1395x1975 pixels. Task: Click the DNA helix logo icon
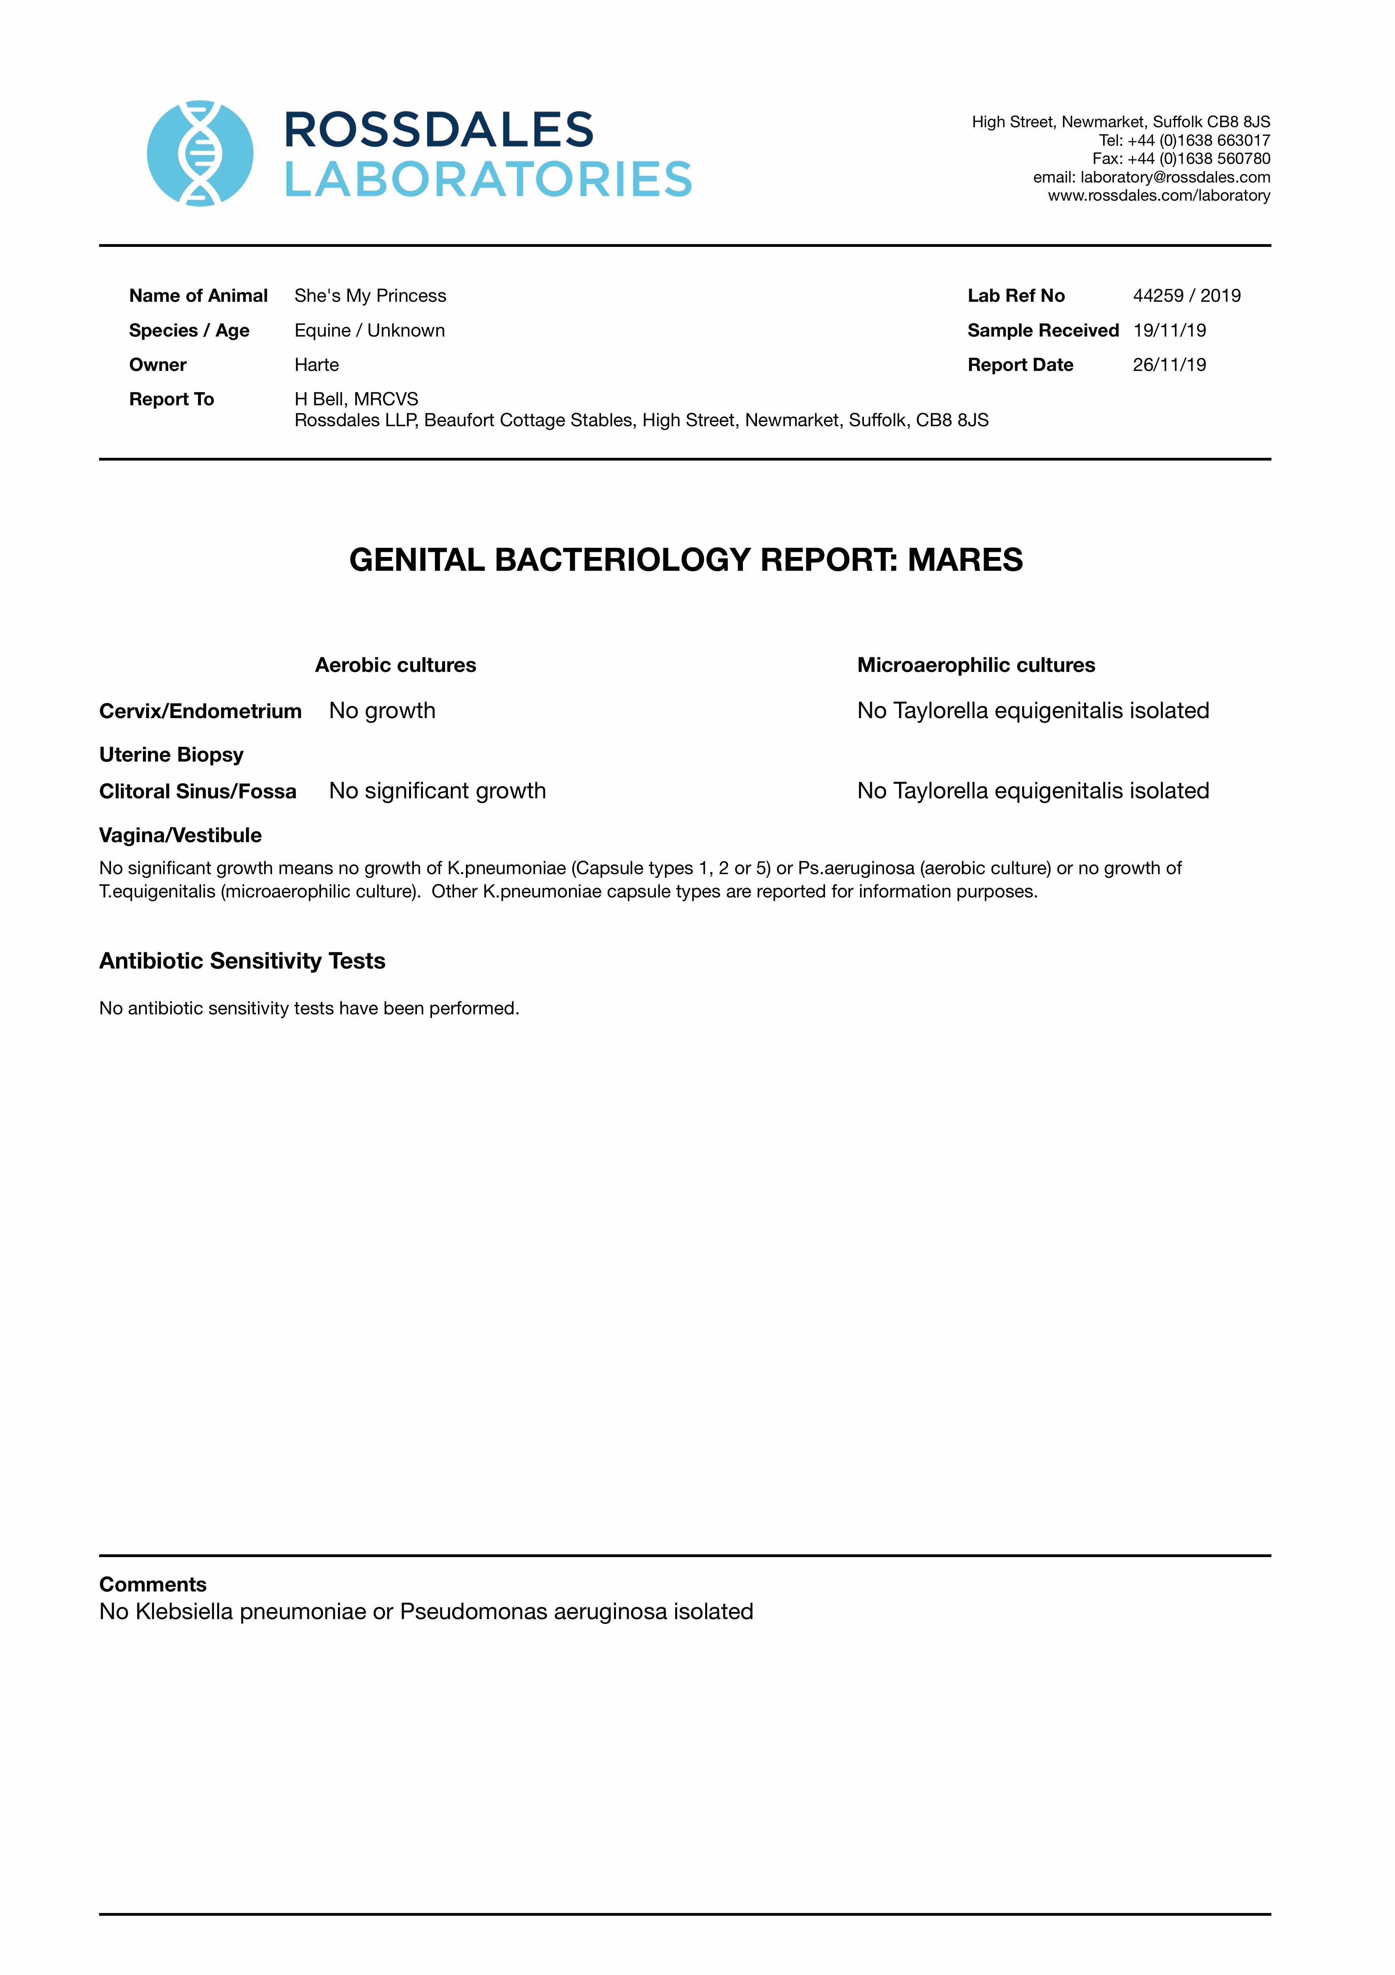(x=201, y=153)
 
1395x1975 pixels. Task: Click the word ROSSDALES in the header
(x=439, y=130)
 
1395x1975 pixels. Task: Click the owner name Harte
(x=317, y=365)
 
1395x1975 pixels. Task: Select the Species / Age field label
(x=189, y=330)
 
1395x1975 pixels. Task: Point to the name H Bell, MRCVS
(x=356, y=399)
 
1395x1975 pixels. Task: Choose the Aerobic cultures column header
(x=396, y=665)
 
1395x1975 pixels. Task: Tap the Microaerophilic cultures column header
(x=976, y=665)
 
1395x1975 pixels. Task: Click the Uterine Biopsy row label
(x=171, y=754)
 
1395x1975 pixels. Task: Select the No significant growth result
(x=437, y=790)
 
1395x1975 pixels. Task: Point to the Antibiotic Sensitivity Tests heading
(x=242, y=961)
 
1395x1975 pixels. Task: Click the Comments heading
(x=153, y=1584)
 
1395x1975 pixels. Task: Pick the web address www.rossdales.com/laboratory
(x=1158, y=195)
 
